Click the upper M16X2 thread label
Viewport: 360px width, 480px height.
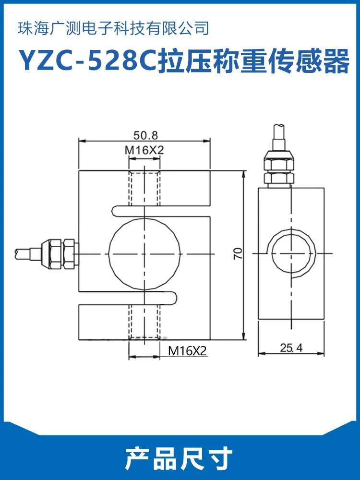pos(144,150)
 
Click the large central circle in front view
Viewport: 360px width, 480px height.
pos(145,253)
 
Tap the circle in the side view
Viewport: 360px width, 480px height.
pos(291,252)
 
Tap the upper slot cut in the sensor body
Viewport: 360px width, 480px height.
pos(158,210)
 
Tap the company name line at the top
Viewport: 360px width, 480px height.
pos(113,28)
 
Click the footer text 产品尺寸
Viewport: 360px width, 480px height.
pos(179,458)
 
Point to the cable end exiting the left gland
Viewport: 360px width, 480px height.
pos(24,252)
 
